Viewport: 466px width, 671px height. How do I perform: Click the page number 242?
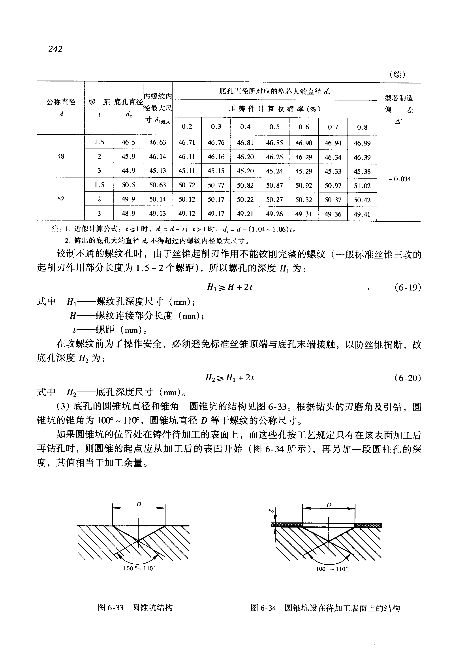pos(55,49)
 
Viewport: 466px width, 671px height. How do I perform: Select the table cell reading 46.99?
pos(362,143)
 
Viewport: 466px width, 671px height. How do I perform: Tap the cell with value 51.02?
pos(362,186)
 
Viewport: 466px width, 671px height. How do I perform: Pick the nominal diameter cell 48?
pos(61,156)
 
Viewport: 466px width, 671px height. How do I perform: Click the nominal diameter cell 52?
pos(61,199)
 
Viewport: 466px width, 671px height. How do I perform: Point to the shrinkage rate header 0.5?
pos(274,127)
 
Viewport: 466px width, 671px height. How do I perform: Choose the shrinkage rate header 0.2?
pos(187,126)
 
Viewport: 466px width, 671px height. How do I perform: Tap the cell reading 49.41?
pos(362,214)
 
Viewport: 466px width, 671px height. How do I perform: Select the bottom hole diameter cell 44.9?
pos(128,171)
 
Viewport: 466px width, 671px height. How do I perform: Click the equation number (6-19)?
pos(408,288)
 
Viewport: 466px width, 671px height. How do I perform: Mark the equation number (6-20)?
pos(408,378)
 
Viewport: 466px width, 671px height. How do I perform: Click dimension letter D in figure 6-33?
pos(139,504)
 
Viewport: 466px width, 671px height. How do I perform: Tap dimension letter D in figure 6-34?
pos(329,505)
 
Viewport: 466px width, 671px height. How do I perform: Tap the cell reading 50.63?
pos(158,185)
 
